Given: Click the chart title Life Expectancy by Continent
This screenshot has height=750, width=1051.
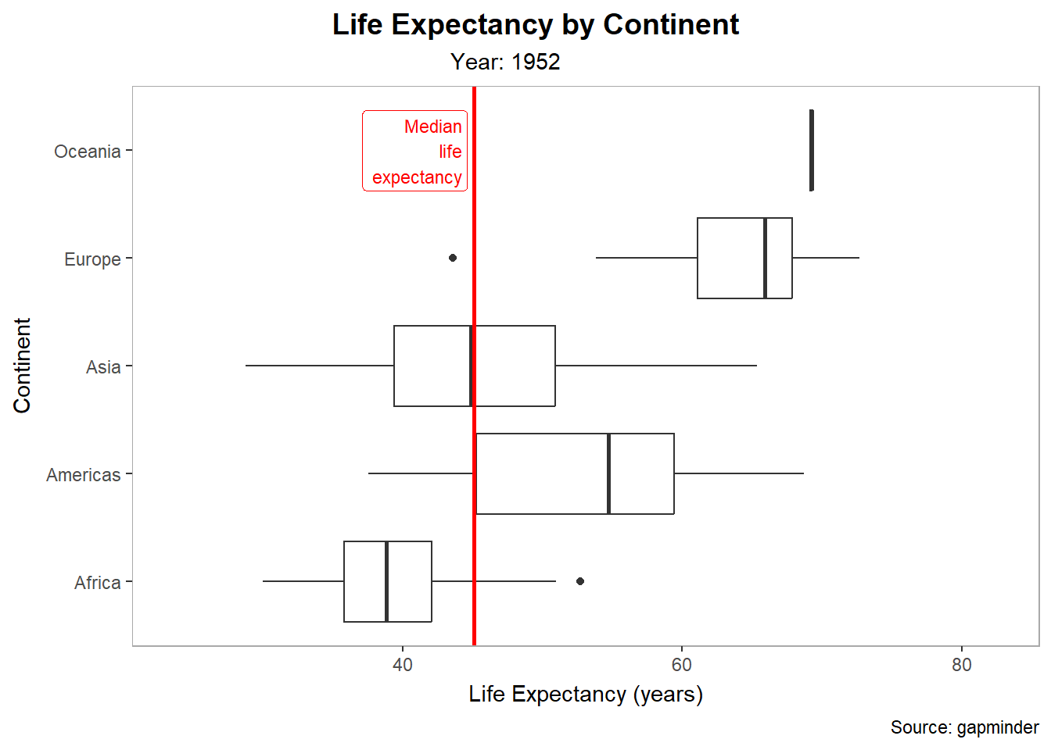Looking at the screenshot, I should coord(535,25).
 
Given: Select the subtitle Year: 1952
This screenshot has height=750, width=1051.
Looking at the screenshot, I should coord(505,62).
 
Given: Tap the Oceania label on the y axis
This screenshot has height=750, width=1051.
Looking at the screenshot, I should coord(87,152).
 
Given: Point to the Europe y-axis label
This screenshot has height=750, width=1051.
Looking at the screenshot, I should coord(92,259).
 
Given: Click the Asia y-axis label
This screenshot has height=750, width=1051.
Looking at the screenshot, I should coord(103,367).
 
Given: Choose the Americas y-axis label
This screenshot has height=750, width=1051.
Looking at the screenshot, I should coord(83,475).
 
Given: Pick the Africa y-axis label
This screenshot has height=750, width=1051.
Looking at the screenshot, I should coord(97,583).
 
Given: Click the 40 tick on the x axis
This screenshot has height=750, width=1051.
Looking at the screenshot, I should coord(403,665).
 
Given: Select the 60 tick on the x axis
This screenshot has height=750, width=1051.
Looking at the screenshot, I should coord(682,665).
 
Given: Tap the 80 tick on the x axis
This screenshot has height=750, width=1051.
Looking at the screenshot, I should coord(961,665).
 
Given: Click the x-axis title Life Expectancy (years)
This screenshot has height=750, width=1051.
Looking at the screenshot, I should coord(586,694).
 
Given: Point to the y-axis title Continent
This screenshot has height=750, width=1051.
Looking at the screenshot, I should coord(22,366).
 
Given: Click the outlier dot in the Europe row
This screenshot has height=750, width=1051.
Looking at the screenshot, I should coord(453,258).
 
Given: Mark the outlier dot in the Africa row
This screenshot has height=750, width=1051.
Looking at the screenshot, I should coord(580,581).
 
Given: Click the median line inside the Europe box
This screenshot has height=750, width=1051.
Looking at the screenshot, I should coord(765,258).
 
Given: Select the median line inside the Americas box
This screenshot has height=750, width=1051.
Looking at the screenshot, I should coord(608,473).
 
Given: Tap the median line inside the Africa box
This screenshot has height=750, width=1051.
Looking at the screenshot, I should coord(386,581).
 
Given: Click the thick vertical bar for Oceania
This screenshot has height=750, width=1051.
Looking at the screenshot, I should coord(812,150).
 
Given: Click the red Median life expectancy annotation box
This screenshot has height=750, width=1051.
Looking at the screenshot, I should coord(415,151).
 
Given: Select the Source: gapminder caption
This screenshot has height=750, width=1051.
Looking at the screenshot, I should coord(964,727).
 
